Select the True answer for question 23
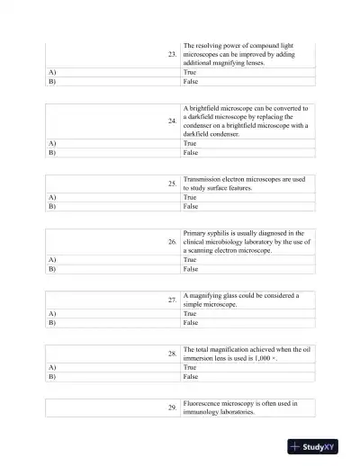tap(190, 70)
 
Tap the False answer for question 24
tap(191, 153)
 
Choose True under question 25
tap(190, 196)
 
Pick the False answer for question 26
tap(191, 268)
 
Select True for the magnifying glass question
tap(190, 312)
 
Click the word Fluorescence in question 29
tap(202, 404)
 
